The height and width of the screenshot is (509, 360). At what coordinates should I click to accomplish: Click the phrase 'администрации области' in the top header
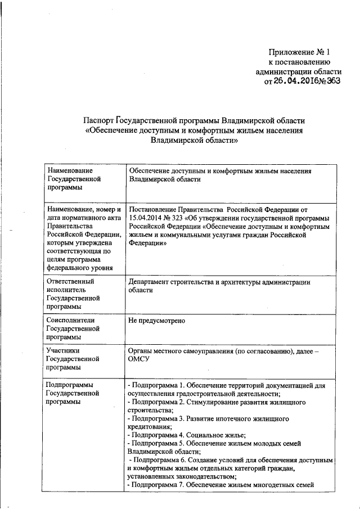coord(298,72)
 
